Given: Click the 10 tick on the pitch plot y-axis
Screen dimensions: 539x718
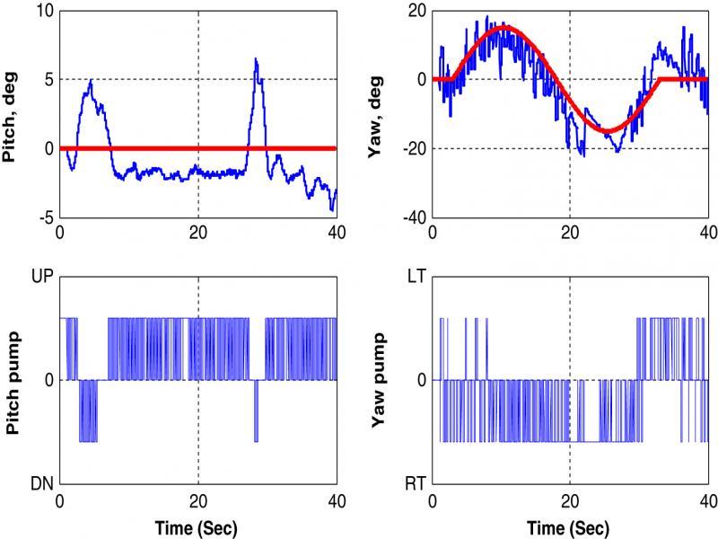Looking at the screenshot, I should click(x=43, y=12).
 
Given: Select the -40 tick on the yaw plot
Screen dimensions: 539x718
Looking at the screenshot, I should click(x=412, y=217).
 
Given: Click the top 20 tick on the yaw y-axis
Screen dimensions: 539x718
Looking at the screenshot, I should click(x=415, y=12).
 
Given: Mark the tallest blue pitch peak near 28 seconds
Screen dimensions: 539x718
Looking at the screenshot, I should click(x=256, y=59).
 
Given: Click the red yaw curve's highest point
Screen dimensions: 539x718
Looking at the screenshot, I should click(x=502, y=27).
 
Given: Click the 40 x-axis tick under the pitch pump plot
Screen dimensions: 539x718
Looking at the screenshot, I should click(x=336, y=505).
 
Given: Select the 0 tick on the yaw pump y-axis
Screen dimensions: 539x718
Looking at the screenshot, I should click(x=422, y=380).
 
